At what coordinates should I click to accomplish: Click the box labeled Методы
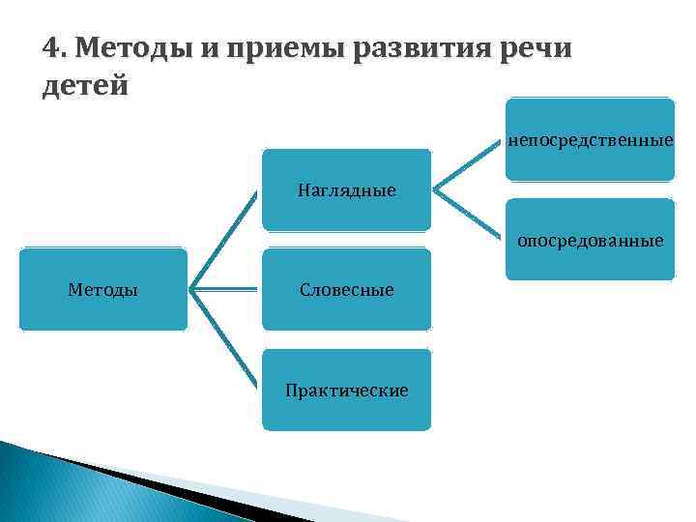[x=103, y=289]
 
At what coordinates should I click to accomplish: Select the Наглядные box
[x=346, y=189]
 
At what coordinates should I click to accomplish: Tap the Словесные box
[x=346, y=289]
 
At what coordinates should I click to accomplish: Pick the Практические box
[x=346, y=390]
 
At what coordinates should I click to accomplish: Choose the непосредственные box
[x=590, y=140]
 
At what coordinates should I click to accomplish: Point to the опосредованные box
[x=590, y=239]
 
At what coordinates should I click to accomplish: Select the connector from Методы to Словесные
[x=224, y=288]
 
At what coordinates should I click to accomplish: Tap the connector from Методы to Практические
[x=224, y=338]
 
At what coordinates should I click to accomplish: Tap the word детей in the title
[x=86, y=85]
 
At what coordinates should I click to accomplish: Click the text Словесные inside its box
[x=346, y=289]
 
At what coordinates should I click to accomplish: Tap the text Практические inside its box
[x=346, y=390]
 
